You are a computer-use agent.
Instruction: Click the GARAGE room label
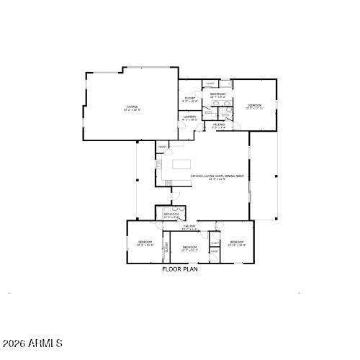point(132,107)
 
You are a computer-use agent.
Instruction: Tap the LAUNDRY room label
point(190,117)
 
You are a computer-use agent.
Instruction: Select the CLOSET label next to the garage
point(190,97)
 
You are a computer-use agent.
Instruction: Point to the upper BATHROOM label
point(217,94)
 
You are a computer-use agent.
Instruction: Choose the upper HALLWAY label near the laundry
point(219,125)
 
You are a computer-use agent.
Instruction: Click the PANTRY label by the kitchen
point(163,146)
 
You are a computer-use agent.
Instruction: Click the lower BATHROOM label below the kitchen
point(171,214)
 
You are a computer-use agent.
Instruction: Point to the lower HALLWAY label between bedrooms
point(189,226)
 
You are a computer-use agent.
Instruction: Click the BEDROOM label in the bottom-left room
point(145,242)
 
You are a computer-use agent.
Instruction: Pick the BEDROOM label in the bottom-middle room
point(189,247)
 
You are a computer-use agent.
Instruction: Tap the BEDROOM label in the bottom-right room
point(237,242)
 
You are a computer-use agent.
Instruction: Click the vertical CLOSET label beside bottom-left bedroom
point(166,247)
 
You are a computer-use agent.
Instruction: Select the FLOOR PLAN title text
point(180,270)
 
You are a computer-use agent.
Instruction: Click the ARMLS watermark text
point(33,343)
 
